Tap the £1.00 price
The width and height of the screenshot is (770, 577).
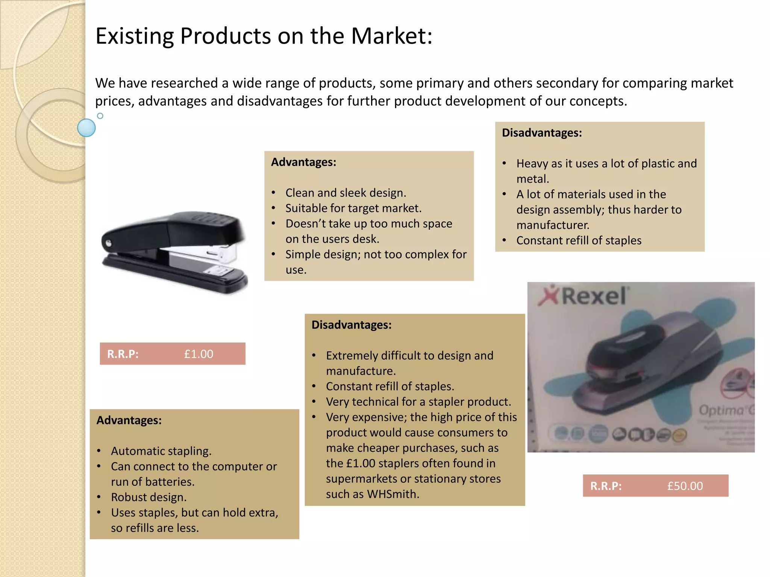point(199,354)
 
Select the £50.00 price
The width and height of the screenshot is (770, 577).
point(685,486)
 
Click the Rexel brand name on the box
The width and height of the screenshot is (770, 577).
point(594,296)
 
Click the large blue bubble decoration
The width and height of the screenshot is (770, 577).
point(86,128)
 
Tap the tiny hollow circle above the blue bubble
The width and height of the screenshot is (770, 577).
point(100,116)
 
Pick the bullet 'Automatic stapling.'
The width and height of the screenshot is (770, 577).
point(161,451)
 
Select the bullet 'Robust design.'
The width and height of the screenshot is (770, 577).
point(149,497)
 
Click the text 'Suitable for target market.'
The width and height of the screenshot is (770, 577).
point(353,208)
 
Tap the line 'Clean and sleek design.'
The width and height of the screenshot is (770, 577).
point(346,193)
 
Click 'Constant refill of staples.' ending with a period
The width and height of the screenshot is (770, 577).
point(390,386)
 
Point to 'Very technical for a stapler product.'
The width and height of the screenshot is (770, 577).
point(418,402)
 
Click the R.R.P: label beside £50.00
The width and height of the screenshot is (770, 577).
point(606,486)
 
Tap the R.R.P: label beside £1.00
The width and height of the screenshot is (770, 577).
point(123,354)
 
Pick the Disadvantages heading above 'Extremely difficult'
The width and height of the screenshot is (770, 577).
point(352,325)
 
